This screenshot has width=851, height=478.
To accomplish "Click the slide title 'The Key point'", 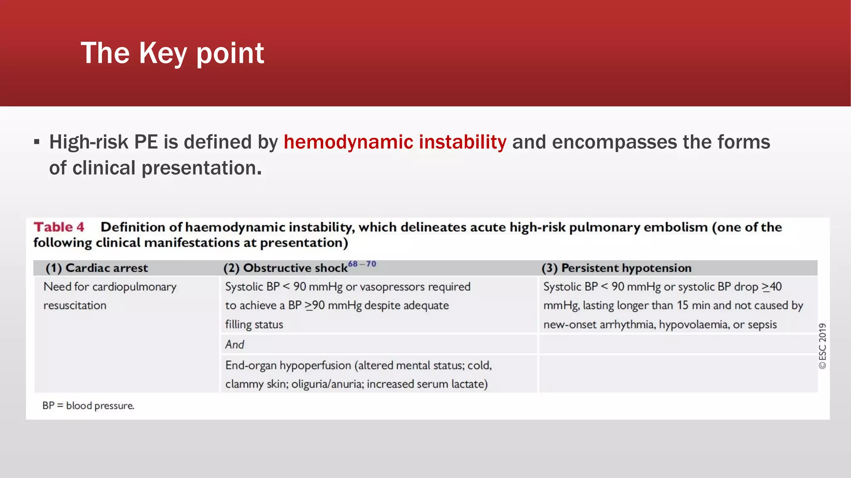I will click(172, 53).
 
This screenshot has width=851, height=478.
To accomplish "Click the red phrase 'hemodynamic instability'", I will click(395, 142).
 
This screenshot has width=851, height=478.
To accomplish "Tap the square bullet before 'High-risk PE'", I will click(37, 142).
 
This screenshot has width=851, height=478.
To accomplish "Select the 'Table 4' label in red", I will click(59, 227).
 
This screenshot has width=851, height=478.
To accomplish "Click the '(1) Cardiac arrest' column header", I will click(96, 268).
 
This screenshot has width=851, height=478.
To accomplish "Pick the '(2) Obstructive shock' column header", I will click(285, 268).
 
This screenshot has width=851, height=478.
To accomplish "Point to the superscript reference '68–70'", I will click(362, 264).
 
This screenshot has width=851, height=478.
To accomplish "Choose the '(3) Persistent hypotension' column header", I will click(617, 268).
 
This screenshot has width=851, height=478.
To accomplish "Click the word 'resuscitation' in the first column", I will click(75, 305).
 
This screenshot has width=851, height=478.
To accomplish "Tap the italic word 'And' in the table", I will click(234, 344).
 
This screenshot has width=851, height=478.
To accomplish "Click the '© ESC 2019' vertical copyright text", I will click(822, 346).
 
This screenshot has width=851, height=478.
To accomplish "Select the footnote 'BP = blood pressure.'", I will click(88, 405).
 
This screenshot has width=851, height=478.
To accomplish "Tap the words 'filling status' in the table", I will click(254, 324).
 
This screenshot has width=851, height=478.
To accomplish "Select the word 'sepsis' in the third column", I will click(762, 324).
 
